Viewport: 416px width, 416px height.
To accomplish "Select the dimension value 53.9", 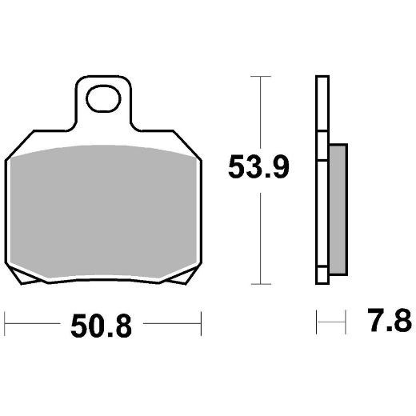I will pos(257,169).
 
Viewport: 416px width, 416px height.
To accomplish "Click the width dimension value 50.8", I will pos(102,326).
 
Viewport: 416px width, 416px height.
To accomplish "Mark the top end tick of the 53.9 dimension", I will pos(257,77).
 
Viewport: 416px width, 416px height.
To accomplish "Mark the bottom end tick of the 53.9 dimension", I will pos(257,284).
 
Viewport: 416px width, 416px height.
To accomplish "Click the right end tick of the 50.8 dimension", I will pos(199,326).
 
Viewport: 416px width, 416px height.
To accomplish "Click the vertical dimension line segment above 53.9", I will pos(257,112).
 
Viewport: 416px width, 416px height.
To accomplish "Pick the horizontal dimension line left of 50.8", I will pos(32,326).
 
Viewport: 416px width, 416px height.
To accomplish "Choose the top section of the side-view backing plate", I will pos(322,104).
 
